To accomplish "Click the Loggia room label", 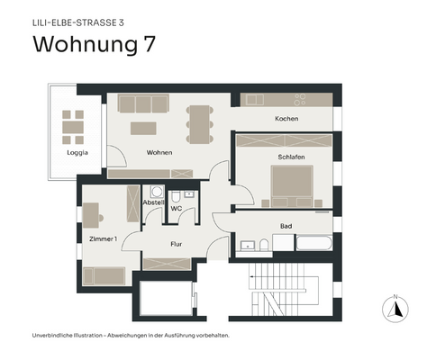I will pos(77,152).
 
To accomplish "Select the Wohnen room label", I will pos(159,152).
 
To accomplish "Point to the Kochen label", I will pos(286,119).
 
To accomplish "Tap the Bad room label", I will pos(286,226).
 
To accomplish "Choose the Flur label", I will pos(177,244).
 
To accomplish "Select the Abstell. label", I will pos(153,202).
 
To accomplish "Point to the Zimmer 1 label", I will pos(104,238).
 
